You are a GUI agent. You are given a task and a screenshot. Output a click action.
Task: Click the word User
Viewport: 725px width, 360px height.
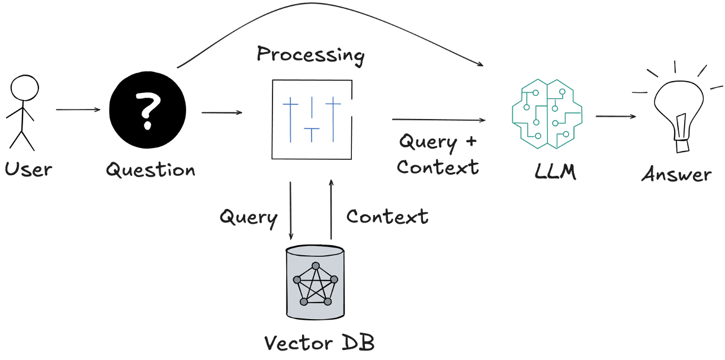28,170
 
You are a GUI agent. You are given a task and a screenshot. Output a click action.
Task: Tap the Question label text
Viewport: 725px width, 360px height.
150,171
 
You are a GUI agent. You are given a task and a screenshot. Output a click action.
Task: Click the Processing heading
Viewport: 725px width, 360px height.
310,55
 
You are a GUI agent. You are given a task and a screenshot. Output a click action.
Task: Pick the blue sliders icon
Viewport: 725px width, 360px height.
312,119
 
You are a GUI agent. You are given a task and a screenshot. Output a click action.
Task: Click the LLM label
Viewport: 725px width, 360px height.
555,173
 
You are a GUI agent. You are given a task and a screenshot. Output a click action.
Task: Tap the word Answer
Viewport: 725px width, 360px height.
676,175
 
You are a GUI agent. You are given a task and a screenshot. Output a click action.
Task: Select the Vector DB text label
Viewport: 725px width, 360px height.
319,343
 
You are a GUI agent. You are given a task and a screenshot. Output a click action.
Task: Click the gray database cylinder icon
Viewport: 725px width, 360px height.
315,282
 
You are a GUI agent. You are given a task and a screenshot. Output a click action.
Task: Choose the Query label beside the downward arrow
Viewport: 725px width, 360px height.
248,217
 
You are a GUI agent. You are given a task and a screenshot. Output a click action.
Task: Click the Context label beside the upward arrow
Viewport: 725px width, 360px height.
387,217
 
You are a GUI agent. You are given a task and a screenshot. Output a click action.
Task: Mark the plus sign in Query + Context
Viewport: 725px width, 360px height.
471,142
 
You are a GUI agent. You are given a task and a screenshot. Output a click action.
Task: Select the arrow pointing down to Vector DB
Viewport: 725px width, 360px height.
290,210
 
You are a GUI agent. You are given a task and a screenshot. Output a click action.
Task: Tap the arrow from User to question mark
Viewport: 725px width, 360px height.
78,110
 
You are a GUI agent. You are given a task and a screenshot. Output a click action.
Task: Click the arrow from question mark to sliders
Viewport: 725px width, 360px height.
222,112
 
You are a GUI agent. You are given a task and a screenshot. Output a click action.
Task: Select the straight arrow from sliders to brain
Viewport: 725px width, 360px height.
438,120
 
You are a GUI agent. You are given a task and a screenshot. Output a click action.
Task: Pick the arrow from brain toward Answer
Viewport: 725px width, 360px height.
615,117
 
